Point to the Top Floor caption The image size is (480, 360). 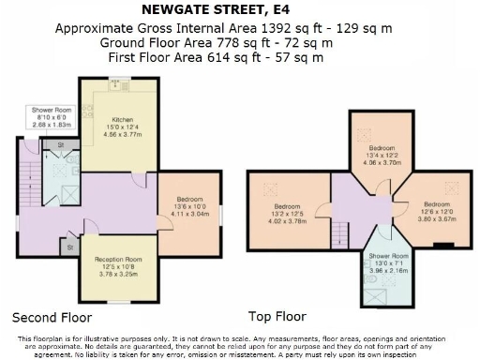(x=278, y=316)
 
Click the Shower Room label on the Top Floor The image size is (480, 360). (x=387, y=256)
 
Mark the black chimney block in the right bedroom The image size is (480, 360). (x=442, y=246)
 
